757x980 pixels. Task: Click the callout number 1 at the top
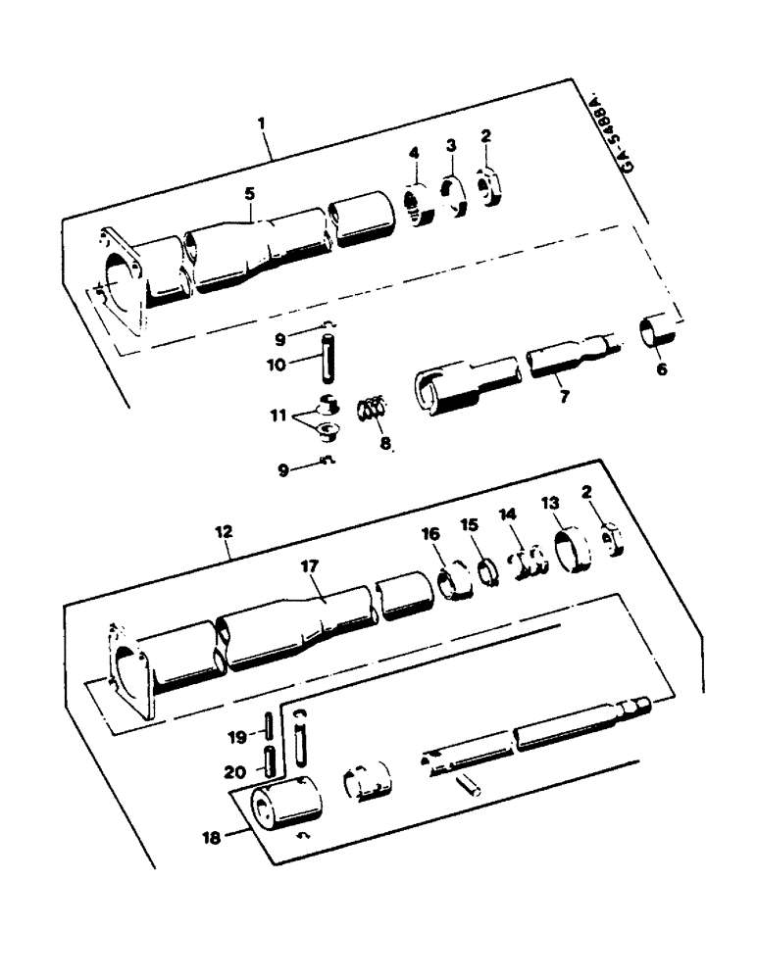[262, 125]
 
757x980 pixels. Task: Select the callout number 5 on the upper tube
[249, 194]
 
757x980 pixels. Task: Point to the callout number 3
[451, 144]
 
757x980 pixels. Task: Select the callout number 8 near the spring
[384, 443]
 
